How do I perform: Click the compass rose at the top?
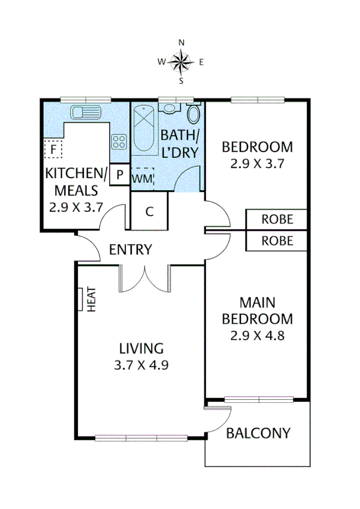[181, 61]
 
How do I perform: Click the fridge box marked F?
[53, 147]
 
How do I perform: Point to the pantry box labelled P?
[119, 175]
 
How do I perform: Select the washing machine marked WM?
[142, 178]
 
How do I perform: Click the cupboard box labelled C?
[149, 212]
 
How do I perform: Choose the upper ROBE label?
[277, 219]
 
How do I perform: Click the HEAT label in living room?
[92, 299]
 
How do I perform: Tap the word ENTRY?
[130, 249]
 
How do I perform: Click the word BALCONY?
[258, 433]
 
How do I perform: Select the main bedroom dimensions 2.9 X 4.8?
[257, 335]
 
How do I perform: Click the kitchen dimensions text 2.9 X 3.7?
[76, 207]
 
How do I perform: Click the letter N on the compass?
[181, 42]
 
